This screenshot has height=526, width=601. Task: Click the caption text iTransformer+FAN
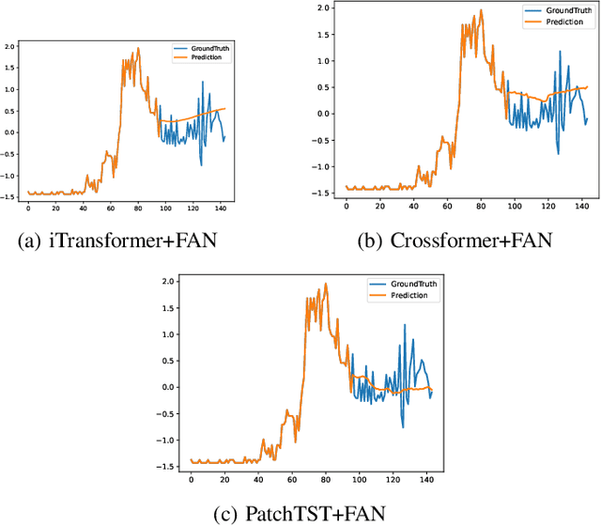point(140,240)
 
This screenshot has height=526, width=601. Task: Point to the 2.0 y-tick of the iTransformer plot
point(11,46)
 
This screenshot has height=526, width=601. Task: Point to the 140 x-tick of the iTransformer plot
point(221,207)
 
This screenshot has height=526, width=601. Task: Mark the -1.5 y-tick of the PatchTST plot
point(168,466)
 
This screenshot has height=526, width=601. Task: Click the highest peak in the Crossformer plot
point(482,12)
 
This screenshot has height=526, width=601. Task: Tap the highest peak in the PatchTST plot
point(326,284)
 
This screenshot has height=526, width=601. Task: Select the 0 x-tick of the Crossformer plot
point(347,204)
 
